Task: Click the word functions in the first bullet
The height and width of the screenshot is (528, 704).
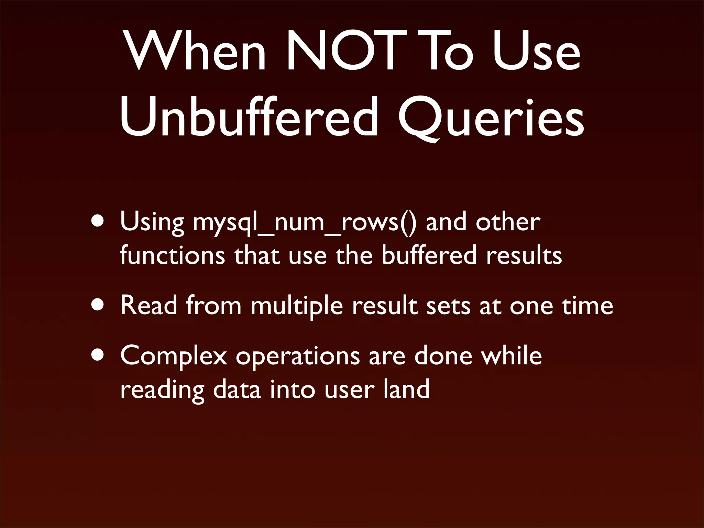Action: point(172,255)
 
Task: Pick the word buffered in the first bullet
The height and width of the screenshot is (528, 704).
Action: point(429,255)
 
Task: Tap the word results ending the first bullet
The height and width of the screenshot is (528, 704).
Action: point(524,255)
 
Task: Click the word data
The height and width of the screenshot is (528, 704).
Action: point(237,389)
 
